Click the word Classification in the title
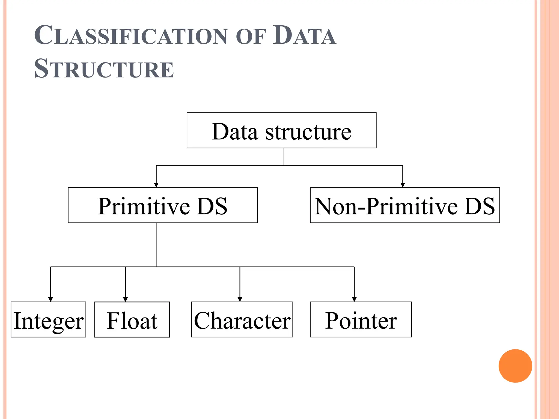point(130,35)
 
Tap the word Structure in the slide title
point(104,69)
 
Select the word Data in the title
point(304,35)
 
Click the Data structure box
point(281,130)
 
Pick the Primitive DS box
point(163,205)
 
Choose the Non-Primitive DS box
point(405,205)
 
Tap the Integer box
point(48,319)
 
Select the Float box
point(132,319)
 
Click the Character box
point(242,319)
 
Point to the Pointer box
point(361,319)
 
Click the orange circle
point(515,366)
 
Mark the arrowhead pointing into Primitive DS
point(156,185)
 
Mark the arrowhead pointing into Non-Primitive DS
point(403,185)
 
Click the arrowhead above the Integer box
point(50,299)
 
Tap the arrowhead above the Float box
point(125,299)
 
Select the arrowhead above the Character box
point(240,299)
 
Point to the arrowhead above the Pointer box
point(354,299)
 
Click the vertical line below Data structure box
point(284,157)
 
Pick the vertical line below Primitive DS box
point(156,244)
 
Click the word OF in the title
point(250,37)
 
